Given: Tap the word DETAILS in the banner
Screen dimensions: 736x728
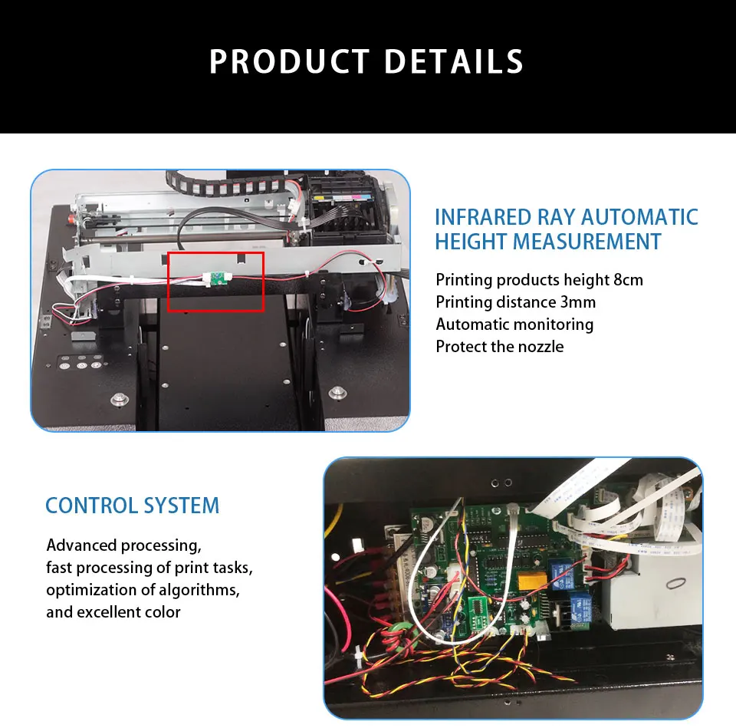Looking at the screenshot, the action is tap(453, 62).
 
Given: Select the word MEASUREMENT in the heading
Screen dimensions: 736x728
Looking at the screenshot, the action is tap(586, 242).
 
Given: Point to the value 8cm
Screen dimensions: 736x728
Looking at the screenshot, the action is tap(628, 280).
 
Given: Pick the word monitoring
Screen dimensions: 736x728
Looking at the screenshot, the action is tap(552, 324).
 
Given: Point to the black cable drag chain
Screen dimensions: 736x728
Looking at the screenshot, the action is tap(230, 185).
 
